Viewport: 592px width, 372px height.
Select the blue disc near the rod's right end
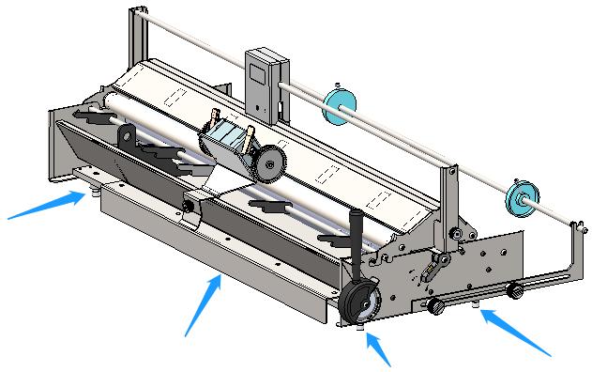click(x=518, y=195)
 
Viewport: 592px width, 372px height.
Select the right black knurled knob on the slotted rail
click(x=514, y=292)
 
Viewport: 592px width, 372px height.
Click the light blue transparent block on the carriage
click(x=226, y=147)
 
